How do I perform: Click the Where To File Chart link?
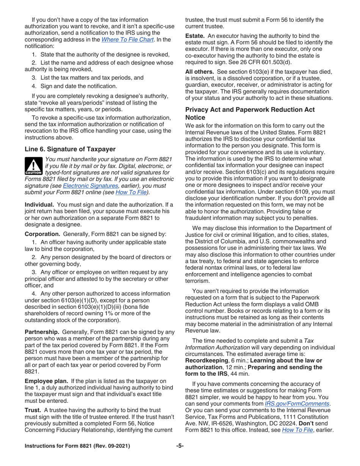tap(127, 39)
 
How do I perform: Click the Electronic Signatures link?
tap(90, 186)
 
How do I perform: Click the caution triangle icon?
tap(33, 165)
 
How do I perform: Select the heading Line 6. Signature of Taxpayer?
tap(70, 149)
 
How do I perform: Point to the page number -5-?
tap(180, 446)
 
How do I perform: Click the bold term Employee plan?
tap(46, 381)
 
